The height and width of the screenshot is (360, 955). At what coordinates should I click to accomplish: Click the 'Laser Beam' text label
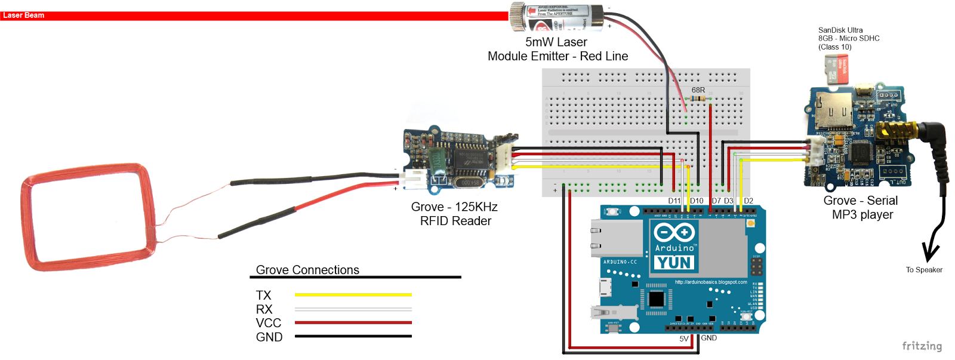(x=23, y=16)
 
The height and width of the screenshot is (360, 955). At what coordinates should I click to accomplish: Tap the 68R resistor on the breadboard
(x=698, y=99)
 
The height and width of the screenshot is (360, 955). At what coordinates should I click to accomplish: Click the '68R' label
(x=698, y=90)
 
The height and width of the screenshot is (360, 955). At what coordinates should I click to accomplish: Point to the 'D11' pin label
(x=674, y=201)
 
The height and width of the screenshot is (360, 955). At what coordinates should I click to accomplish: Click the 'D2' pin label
(x=748, y=201)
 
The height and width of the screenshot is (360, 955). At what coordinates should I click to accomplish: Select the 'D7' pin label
(x=716, y=201)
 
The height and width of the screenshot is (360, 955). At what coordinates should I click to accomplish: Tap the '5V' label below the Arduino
(x=684, y=339)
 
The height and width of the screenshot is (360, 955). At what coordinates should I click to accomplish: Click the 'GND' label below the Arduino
(x=709, y=338)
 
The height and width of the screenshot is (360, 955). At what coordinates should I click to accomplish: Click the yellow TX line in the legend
(x=353, y=295)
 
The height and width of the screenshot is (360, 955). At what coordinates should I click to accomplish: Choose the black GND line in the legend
(x=353, y=336)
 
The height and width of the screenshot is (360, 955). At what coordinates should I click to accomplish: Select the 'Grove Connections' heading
(x=307, y=270)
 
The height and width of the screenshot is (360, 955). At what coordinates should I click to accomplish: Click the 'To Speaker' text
(x=924, y=270)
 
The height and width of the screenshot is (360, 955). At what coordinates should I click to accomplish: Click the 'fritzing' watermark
(x=922, y=346)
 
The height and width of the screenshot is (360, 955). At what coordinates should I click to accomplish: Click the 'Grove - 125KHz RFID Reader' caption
(x=455, y=214)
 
